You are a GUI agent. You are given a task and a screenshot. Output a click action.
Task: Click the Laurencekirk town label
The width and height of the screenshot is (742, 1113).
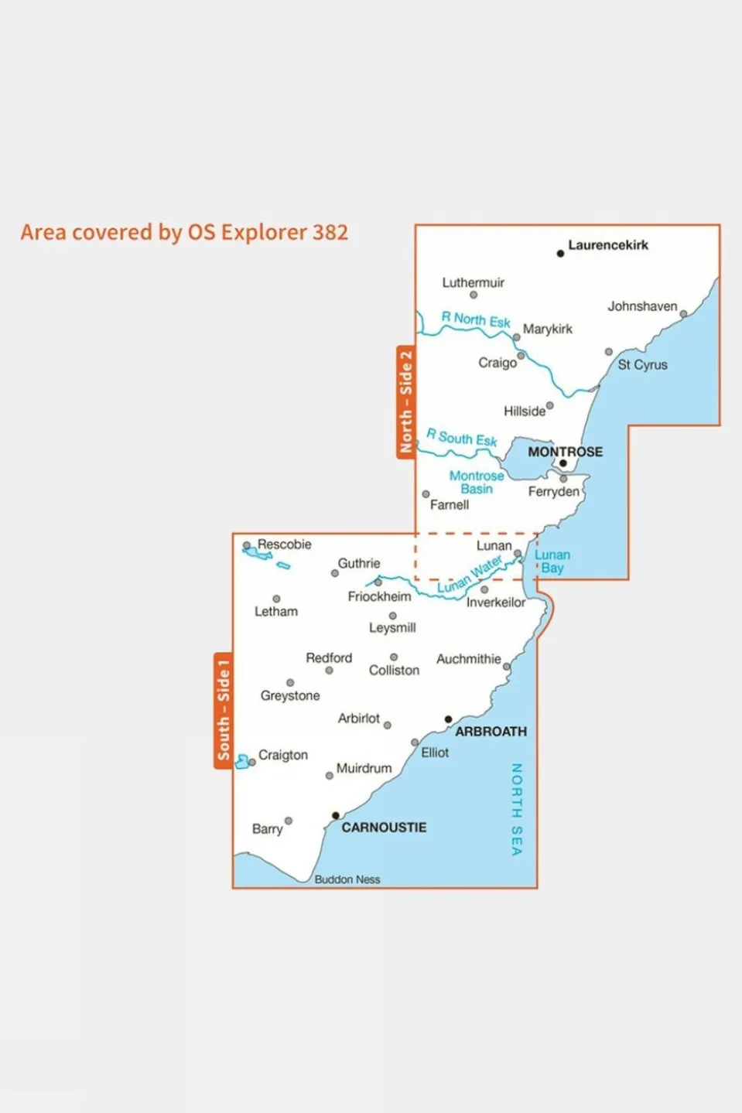coord(607,245)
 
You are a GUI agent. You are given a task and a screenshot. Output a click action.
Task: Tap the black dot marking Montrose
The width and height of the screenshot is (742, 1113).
coord(563,464)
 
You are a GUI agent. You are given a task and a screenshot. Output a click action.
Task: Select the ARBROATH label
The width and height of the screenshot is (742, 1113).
coord(491,732)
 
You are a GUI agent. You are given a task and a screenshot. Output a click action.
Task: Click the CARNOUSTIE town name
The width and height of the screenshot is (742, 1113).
coord(384,828)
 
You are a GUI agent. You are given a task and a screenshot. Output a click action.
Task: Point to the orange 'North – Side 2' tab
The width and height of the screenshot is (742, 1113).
coord(405,402)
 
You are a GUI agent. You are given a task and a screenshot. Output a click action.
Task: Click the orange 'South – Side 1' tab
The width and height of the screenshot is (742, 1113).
coord(223,710)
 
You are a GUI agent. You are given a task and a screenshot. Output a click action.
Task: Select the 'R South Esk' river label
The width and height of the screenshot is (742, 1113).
coord(461,438)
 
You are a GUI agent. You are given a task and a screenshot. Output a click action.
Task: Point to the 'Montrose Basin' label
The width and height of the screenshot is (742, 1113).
coord(477,483)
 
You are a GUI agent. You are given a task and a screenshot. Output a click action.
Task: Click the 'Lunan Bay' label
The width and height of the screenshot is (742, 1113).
coord(552,562)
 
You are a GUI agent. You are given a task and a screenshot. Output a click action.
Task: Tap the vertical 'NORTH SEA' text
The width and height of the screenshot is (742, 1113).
coord(517,809)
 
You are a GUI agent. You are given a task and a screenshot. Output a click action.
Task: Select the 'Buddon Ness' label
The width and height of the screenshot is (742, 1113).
coord(347,879)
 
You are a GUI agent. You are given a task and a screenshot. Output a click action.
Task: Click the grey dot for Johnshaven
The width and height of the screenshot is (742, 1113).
coord(683,314)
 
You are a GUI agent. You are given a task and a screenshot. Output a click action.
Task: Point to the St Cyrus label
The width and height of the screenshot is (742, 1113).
coord(642,365)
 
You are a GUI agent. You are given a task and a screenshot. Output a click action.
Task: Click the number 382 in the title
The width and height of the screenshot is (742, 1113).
coord(330,232)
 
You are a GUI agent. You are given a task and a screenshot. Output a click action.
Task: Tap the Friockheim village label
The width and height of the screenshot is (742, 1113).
coord(379,596)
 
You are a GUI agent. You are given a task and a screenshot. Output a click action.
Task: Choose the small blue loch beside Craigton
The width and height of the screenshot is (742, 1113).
coord(243,762)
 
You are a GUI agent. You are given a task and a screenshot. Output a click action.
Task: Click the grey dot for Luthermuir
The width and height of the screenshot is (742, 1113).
coord(474,295)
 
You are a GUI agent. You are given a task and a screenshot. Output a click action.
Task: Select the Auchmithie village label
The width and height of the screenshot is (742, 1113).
coord(468,659)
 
